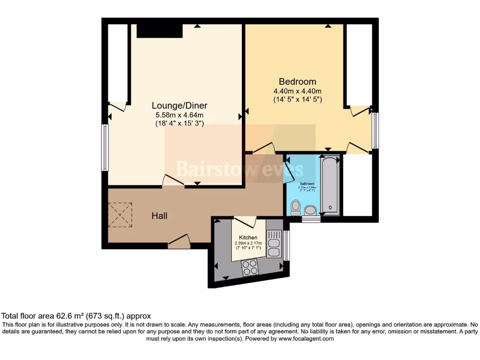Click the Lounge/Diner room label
180,105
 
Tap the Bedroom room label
297,82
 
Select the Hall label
159,216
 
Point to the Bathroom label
307,183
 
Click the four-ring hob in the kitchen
250,268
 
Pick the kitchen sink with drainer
274,244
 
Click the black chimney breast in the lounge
159,30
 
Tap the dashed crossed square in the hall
120,214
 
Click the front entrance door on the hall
179,242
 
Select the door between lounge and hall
173,182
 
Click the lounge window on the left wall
105,147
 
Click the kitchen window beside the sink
286,245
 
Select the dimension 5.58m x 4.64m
180,115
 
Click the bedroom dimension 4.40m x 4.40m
297,91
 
